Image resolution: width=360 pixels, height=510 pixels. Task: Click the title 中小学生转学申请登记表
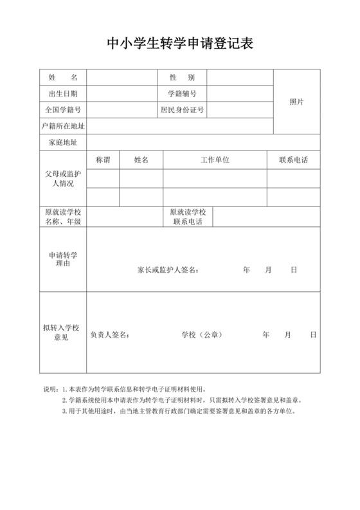point(180,44)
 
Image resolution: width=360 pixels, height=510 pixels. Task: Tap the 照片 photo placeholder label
point(296,102)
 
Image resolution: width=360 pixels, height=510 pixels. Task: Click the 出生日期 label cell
point(63,94)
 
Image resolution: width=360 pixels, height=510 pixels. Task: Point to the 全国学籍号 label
point(63,110)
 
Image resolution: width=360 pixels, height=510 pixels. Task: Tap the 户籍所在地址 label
point(63,126)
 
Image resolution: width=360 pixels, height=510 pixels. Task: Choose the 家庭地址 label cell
point(63,142)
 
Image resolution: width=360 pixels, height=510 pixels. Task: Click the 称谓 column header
point(103,159)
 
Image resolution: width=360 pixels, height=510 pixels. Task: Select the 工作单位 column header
point(215,159)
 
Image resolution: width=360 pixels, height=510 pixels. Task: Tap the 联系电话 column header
point(293,159)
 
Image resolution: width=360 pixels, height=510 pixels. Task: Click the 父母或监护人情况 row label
point(63,178)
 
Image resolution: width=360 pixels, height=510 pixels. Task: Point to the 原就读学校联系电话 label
point(187,217)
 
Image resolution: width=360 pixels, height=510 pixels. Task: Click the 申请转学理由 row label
point(63,259)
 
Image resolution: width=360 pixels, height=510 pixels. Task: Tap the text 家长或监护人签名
point(168,270)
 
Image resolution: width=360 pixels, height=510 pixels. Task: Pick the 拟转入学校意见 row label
point(63,332)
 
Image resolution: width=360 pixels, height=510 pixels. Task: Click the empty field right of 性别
point(240,77)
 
